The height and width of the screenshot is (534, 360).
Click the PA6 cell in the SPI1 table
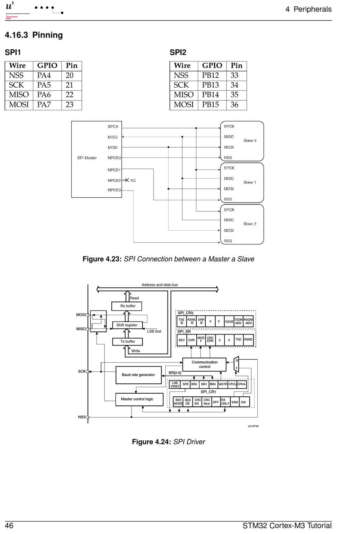(44, 95)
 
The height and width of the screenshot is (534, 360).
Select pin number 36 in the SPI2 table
(235, 105)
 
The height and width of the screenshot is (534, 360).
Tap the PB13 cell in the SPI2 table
(210, 85)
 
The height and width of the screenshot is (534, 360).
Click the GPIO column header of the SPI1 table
(47, 66)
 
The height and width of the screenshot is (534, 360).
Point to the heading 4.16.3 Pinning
(34, 35)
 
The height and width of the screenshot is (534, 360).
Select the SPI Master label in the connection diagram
(87, 158)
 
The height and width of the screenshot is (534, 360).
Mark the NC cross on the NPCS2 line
(127, 180)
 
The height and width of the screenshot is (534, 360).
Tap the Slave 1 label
(250, 182)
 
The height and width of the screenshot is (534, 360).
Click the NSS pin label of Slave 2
(228, 241)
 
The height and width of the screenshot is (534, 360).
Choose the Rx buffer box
(127, 306)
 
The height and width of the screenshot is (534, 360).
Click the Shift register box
(127, 325)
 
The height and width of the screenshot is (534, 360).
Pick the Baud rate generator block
(138, 375)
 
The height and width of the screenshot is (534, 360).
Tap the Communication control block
(204, 364)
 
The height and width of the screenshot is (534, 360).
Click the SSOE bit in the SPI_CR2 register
(229, 322)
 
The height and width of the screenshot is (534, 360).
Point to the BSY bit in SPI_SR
(182, 340)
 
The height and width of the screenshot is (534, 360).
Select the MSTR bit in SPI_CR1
(223, 384)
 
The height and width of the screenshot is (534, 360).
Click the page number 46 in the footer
(9, 526)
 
